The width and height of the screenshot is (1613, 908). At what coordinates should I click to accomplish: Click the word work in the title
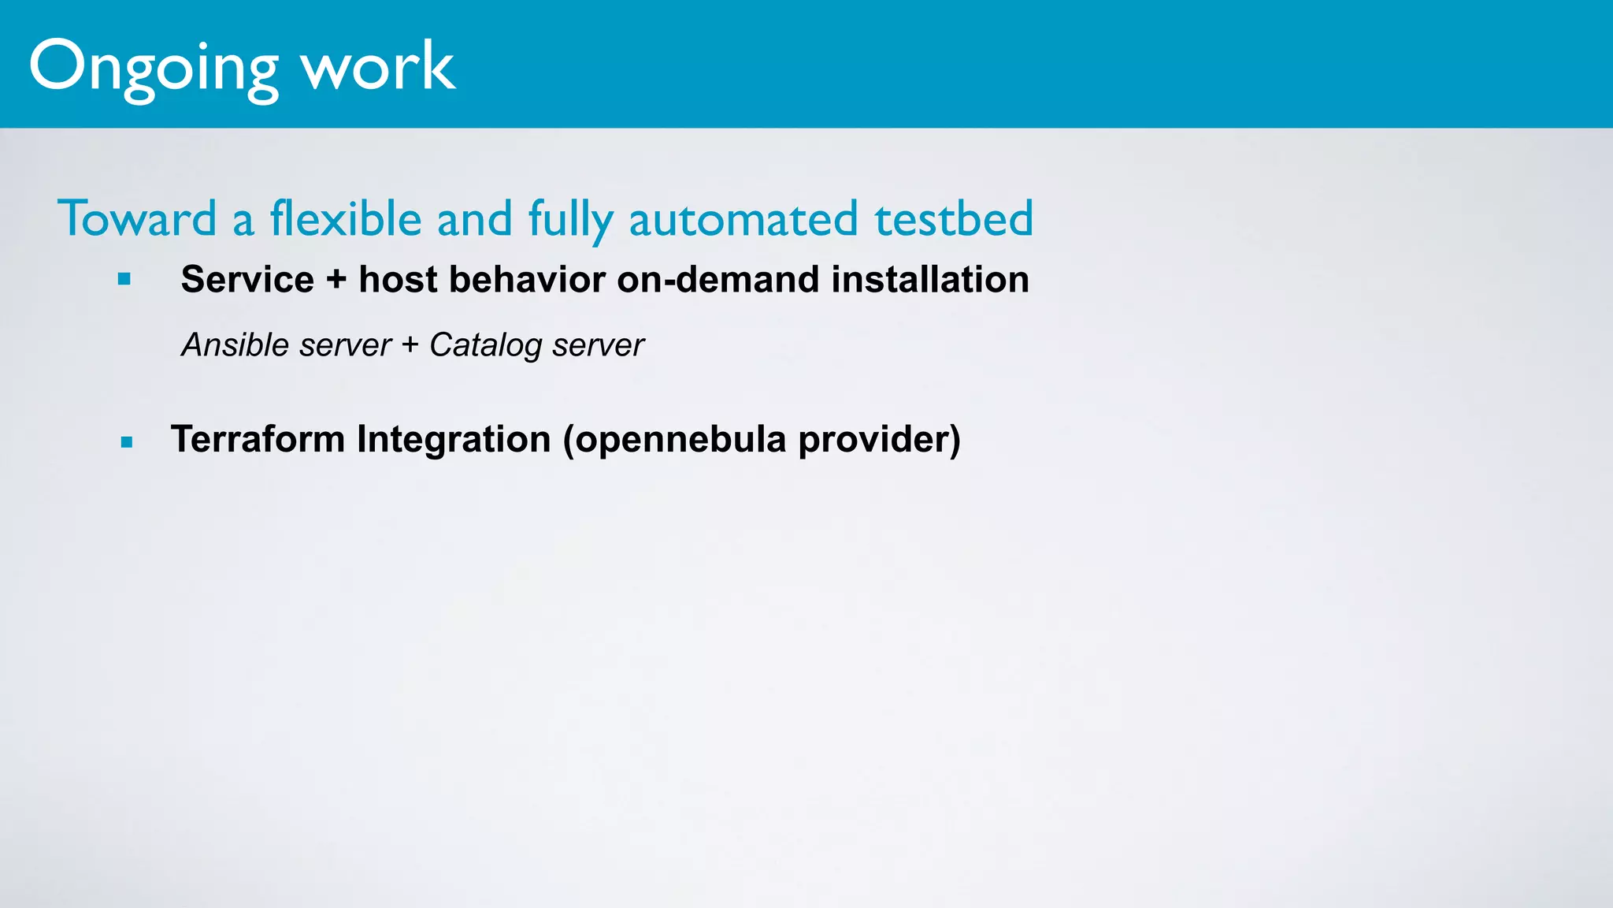(378, 66)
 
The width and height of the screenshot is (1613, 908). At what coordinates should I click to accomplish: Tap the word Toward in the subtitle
(137, 218)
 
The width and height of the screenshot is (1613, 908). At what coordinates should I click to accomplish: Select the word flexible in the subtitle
(346, 218)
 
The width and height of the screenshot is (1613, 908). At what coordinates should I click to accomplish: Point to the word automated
(743, 219)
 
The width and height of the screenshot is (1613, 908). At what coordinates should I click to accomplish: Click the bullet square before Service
(124, 279)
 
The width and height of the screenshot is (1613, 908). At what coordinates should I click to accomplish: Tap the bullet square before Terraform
(127, 442)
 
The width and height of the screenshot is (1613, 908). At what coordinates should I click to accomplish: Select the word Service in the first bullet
(247, 280)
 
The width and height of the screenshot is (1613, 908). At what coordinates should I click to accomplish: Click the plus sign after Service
(336, 280)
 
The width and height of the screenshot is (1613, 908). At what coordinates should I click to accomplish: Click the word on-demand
(718, 280)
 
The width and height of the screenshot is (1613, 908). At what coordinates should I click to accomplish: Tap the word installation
(930, 280)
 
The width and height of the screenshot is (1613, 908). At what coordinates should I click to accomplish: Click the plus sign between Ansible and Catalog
(410, 345)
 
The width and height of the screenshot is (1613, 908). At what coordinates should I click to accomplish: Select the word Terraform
(258, 439)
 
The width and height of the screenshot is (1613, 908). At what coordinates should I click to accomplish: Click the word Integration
(453, 439)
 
